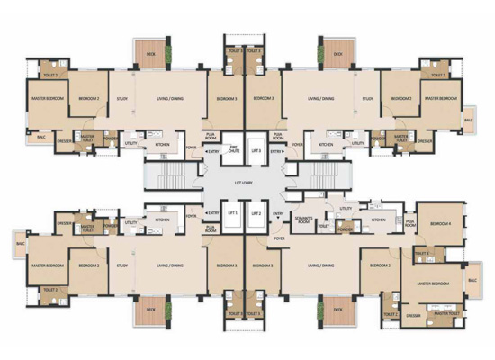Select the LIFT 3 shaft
(x=257, y=151)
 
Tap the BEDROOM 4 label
(x=439, y=223)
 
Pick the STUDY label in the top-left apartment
(x=122, y=98)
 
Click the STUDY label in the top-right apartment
(x=367, y=98)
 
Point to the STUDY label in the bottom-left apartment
(x=122, y=265)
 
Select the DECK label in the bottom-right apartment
(x=337, y=309)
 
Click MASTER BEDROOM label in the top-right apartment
(x=442, y=98)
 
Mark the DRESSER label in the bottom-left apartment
(x=64, y=222)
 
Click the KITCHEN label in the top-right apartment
(x=327, y=144)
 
